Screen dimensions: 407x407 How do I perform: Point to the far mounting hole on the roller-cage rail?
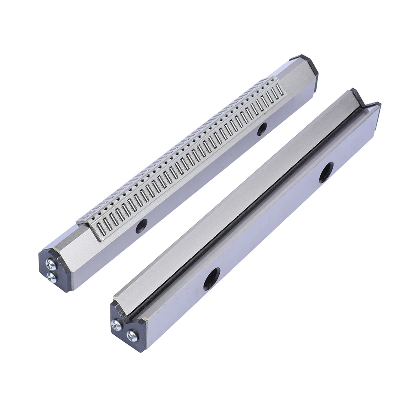tap(262, 129)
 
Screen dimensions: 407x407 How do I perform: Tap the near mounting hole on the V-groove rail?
tap(212, 279)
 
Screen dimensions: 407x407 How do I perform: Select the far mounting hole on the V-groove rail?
tap(326, 172)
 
